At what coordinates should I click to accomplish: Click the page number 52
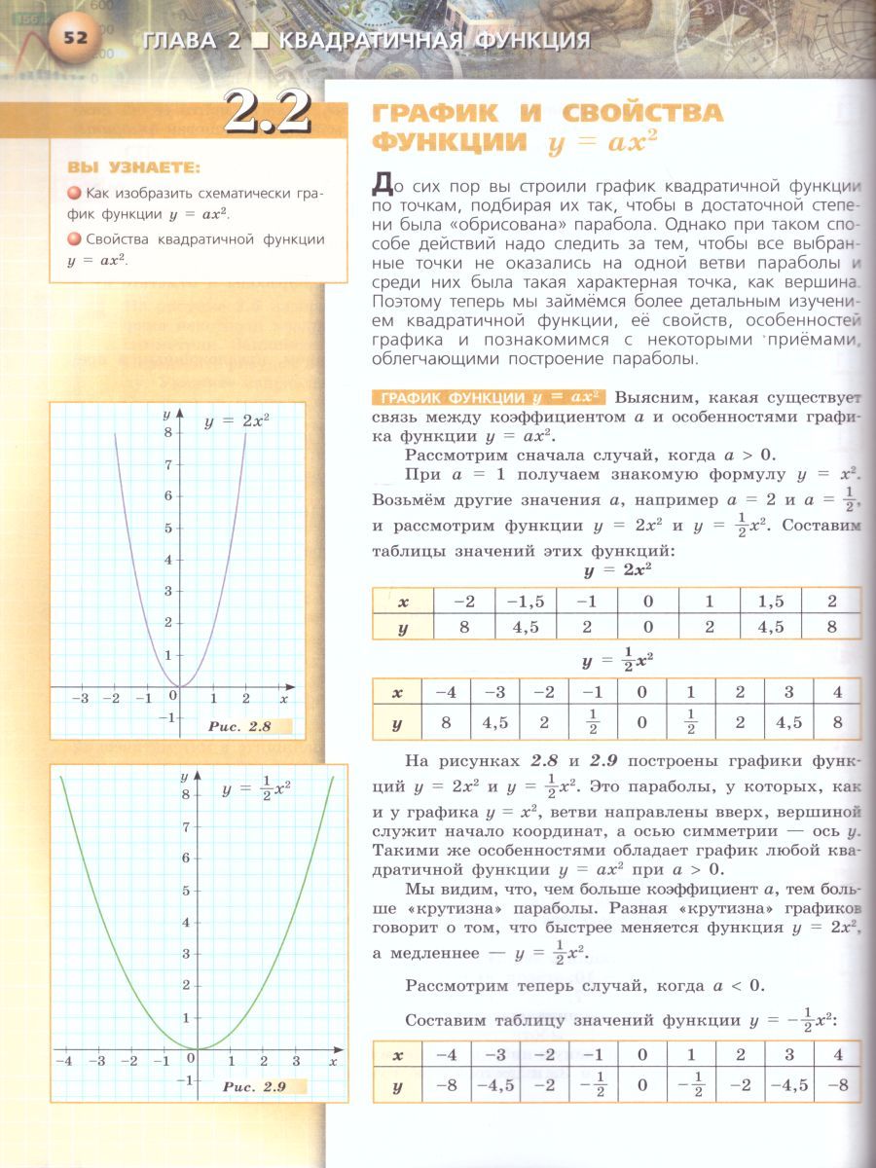coord(74,39)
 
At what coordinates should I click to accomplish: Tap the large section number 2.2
coord(266,113)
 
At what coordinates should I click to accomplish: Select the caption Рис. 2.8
coord(238,726)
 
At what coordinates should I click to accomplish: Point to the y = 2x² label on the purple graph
coord(236,420)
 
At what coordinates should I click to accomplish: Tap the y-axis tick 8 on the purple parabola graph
coord(168,433)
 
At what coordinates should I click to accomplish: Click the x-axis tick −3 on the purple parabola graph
coord(84,699)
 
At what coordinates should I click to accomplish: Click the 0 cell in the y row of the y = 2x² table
coord(647,627)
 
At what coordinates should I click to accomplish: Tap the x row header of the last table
coord(396,1055)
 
